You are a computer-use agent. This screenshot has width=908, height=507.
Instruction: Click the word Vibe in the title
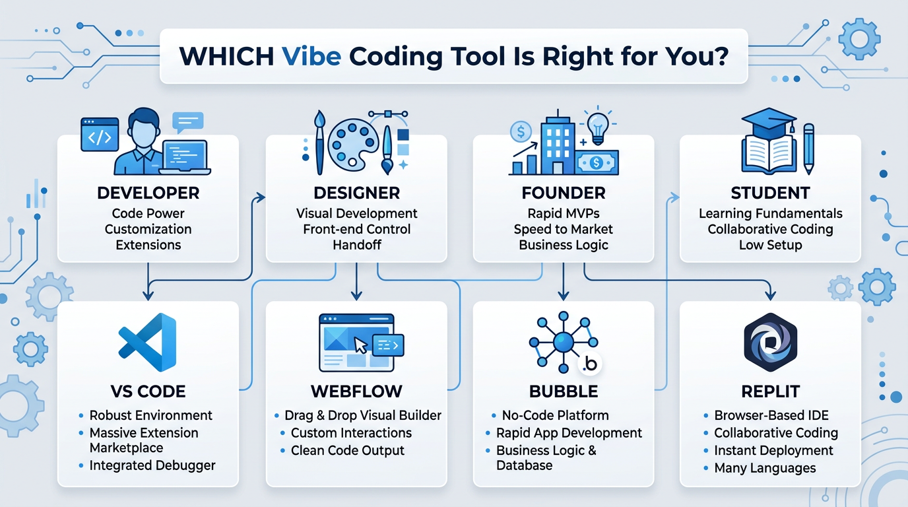pyautogui.click(x=311, y=55)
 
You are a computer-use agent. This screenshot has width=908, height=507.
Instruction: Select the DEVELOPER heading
pyautogui.click(x=148, y=193)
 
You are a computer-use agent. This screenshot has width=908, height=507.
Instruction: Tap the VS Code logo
pyautogui.click(x=148, y=343)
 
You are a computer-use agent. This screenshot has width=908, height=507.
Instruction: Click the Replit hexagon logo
pyautogui.click(x=770, y=343)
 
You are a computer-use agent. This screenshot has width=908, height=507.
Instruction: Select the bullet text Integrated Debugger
pyautogui.click(x=152, y=465)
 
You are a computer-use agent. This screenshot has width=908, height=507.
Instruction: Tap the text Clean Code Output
pyautogui.click(x=348, y=451)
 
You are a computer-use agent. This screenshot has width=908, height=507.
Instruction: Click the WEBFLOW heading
pyautogui.click(x=356, y=391)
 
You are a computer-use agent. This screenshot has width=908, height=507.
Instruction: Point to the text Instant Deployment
pyautogui.click(x=773, y=451)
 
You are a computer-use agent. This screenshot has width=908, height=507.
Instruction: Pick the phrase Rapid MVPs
pyautogui.click(x=563, y=213)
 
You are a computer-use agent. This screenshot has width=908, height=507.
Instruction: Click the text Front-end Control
pyautogui.click(x=356, y=229)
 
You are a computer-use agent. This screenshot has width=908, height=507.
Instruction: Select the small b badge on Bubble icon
pyautogui.click(x=591, y=364)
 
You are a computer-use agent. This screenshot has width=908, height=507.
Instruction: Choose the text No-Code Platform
pyautogui.click(x=555, y=415)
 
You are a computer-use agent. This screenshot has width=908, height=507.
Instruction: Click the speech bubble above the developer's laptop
pyautogui.click(x=187, y=121)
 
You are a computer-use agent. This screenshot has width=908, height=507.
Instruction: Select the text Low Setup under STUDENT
pyautogui.click(x=770, y=245)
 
